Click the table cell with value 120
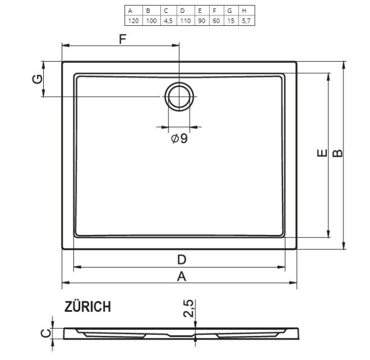point(132,20)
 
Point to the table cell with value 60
point(214,20)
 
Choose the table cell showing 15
point(230,20)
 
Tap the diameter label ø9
point(179,139)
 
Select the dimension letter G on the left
point(37,79)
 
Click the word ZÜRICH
point(88,306)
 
